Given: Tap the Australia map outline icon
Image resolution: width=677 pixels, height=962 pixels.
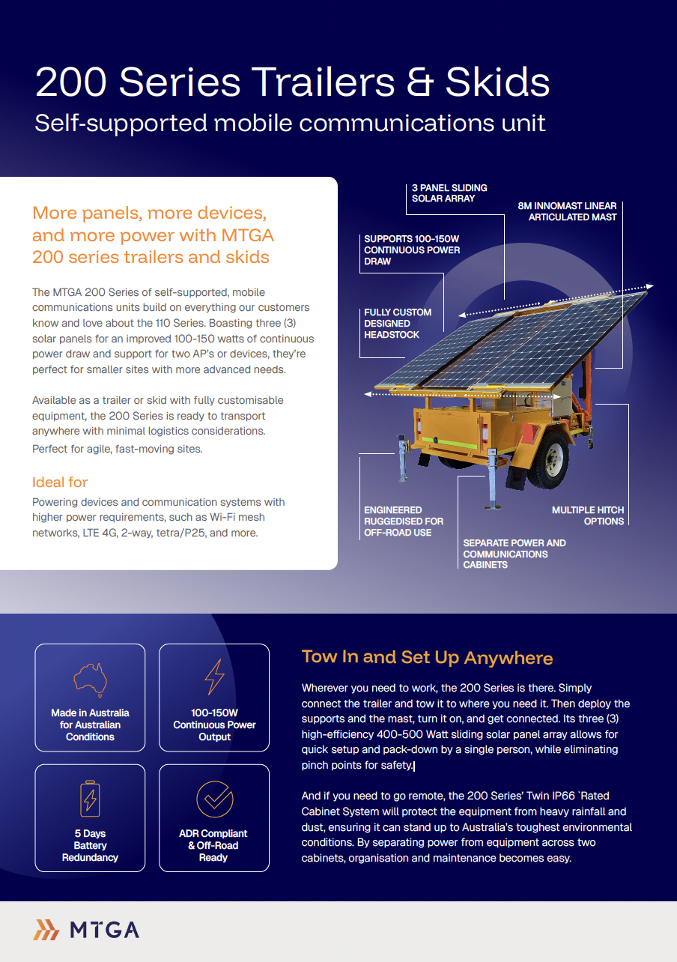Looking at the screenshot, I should (90, 678).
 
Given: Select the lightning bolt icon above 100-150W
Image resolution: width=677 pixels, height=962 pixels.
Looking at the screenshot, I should (214, 677).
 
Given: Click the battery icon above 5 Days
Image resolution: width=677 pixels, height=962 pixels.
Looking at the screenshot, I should (90, 799).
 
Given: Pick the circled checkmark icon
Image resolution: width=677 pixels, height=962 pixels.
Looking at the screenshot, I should (214, 799).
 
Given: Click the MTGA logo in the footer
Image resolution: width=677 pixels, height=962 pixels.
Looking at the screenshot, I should (87, 930).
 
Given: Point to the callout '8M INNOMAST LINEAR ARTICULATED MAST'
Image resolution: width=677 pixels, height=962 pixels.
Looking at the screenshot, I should (567, 211).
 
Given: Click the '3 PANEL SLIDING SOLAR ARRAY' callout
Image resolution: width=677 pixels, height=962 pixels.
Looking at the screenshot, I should (449, 193).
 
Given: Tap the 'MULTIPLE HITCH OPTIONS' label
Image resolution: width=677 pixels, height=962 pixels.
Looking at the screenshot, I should (588, 515).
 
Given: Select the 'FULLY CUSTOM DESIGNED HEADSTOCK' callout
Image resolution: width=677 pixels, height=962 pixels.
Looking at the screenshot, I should (398, 324).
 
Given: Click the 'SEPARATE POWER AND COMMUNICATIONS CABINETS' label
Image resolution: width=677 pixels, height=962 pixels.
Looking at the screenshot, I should (514, 554).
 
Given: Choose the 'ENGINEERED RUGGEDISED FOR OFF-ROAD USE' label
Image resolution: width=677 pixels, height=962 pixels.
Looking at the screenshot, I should (404, 521).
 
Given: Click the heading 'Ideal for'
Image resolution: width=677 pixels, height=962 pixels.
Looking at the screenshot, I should (60, 482).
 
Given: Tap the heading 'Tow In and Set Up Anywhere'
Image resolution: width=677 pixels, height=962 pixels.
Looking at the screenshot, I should (427, 658).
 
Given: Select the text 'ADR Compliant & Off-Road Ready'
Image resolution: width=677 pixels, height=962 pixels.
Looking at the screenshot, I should (213, 845).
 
